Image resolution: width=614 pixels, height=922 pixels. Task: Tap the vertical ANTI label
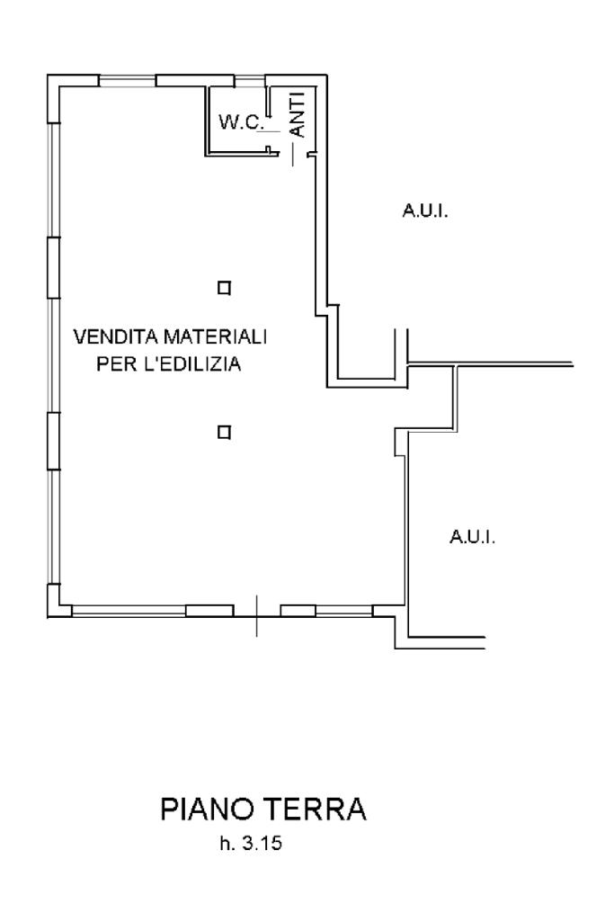click(x=299, y=115)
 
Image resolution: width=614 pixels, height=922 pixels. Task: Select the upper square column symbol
click(x=224, y=288)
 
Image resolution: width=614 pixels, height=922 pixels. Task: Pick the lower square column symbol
click(x=224, y=432)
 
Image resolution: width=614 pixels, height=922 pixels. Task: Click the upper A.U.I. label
click(x=424, y=212)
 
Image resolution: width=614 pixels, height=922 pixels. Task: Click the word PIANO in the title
click(x=212, y=810)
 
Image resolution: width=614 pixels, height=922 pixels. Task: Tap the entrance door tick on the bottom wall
click(x=256, y=615)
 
